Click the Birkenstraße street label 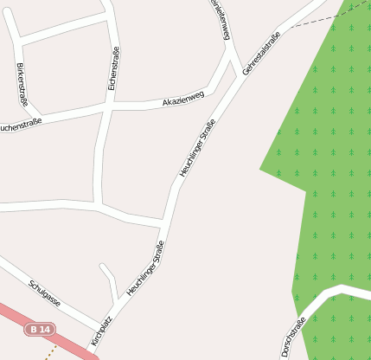point(23,85)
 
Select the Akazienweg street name point(183,100)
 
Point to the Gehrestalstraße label point(262,53)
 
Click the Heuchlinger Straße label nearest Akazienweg point(197,149)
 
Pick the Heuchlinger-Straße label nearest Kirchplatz point(145,268)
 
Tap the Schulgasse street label point(44,292)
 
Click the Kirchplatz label point(101,331)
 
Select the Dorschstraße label point(294,337)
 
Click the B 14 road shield point(40,330)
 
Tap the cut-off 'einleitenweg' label point(221,19)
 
